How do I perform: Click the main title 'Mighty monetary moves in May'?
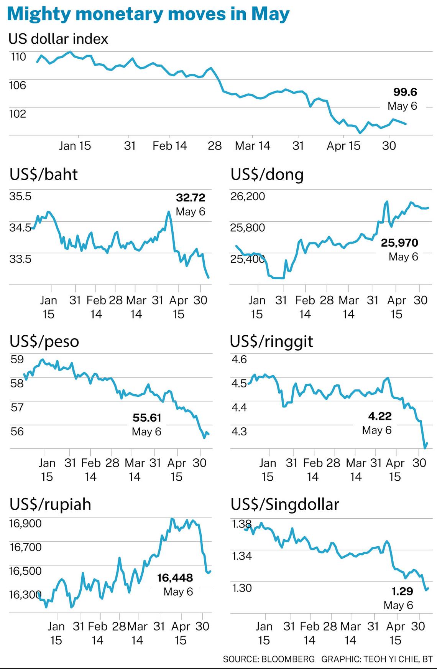[x=148, y=14]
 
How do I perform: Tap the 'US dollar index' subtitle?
[x=58, y=39]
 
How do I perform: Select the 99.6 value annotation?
[x=405, y=92]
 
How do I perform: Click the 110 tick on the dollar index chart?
[x=18, y=57]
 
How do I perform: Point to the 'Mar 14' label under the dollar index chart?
[x=252, y=146]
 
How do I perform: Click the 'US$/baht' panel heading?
[x=43, y=175]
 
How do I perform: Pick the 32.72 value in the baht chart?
[x=191, y=198]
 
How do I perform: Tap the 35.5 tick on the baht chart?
[x=20, y=196]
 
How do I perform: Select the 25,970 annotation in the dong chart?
[x=399, y=242]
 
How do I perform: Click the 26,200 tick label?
[x=248, y=196]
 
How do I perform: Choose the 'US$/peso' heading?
[x=44, y=341]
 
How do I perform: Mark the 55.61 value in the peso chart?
[x=147, y=417]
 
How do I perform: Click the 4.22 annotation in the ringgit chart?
[x=379, y=416]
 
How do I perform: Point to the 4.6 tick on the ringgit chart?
[x=239, y=359]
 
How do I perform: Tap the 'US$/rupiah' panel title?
[x=50, y=504]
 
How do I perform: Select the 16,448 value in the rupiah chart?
[x=175, y=578]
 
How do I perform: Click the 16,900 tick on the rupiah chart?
[x=25, y=523]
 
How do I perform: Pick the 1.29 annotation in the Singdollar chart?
[x=402, y=591]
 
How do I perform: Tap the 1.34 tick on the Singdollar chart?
[x=242, y=555]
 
